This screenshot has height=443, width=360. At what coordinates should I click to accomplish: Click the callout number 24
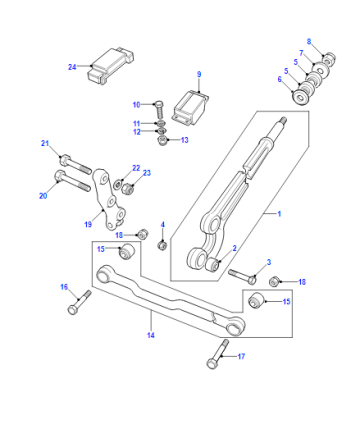72,67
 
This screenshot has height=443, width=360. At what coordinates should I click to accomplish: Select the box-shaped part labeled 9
191,107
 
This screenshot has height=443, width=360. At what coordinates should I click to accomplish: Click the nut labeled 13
162,140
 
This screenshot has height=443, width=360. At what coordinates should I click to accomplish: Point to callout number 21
45,143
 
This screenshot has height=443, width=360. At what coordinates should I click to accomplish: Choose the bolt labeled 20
72,181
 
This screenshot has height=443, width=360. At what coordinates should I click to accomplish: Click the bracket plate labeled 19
108,199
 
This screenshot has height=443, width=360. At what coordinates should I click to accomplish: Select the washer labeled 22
118,183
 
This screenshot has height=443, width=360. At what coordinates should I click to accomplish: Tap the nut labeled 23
128,188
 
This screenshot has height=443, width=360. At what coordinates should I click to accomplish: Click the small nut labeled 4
162,246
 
